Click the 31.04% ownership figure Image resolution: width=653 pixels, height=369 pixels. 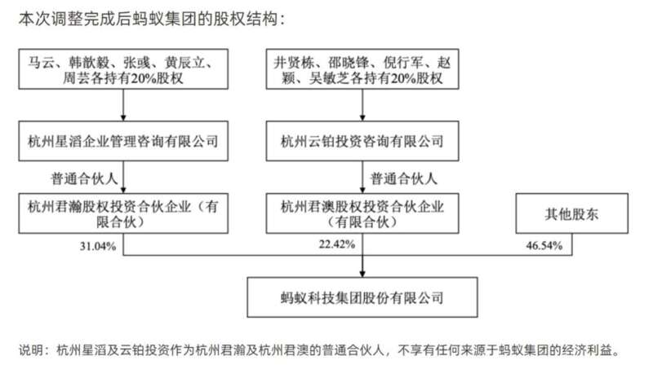(98, 247)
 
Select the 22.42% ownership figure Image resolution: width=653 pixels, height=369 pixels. (337, 244)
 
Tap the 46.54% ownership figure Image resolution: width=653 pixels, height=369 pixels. (544, 245)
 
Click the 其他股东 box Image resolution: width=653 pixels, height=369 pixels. (572, 213)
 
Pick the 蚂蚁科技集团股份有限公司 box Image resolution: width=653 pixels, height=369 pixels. (362, 297)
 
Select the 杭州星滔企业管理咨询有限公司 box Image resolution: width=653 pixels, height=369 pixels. (123, 141)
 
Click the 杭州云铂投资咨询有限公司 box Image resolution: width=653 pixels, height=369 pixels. (362, 141)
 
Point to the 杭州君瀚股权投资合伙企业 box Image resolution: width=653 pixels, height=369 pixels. (123, 213)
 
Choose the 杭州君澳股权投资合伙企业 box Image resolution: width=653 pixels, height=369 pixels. (362, 213)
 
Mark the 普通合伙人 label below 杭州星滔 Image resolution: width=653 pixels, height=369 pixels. (84, 178)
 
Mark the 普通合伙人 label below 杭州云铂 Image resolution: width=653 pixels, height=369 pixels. (403, 178)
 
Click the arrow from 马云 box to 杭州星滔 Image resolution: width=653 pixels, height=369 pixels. (123, 105)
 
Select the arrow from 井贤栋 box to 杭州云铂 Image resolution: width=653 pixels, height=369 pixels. (362, 105)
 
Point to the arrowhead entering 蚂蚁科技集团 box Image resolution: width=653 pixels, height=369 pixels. (362, 274)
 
